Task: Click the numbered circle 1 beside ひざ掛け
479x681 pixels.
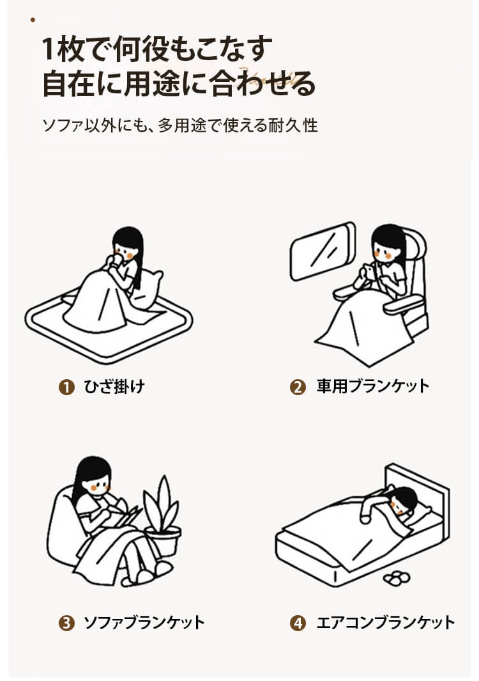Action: click(66, 387)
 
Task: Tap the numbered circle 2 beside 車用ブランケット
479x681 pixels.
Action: click(298, 387)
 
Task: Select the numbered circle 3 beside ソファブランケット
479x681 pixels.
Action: click(66, 623)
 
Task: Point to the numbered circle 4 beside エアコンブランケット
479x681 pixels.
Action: click(298, 623)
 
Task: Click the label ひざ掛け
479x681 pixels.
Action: click(114, 386)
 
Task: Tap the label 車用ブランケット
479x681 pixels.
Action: click(373, 386)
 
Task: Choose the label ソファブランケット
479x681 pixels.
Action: click(144, 623)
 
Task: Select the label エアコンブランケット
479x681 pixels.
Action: click(386, 623)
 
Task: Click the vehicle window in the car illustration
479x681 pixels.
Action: click(323, 251)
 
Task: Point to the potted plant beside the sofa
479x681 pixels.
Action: click(162, 517)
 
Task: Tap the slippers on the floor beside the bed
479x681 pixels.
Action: click(397, 577)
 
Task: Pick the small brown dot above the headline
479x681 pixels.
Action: click(33, 20)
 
